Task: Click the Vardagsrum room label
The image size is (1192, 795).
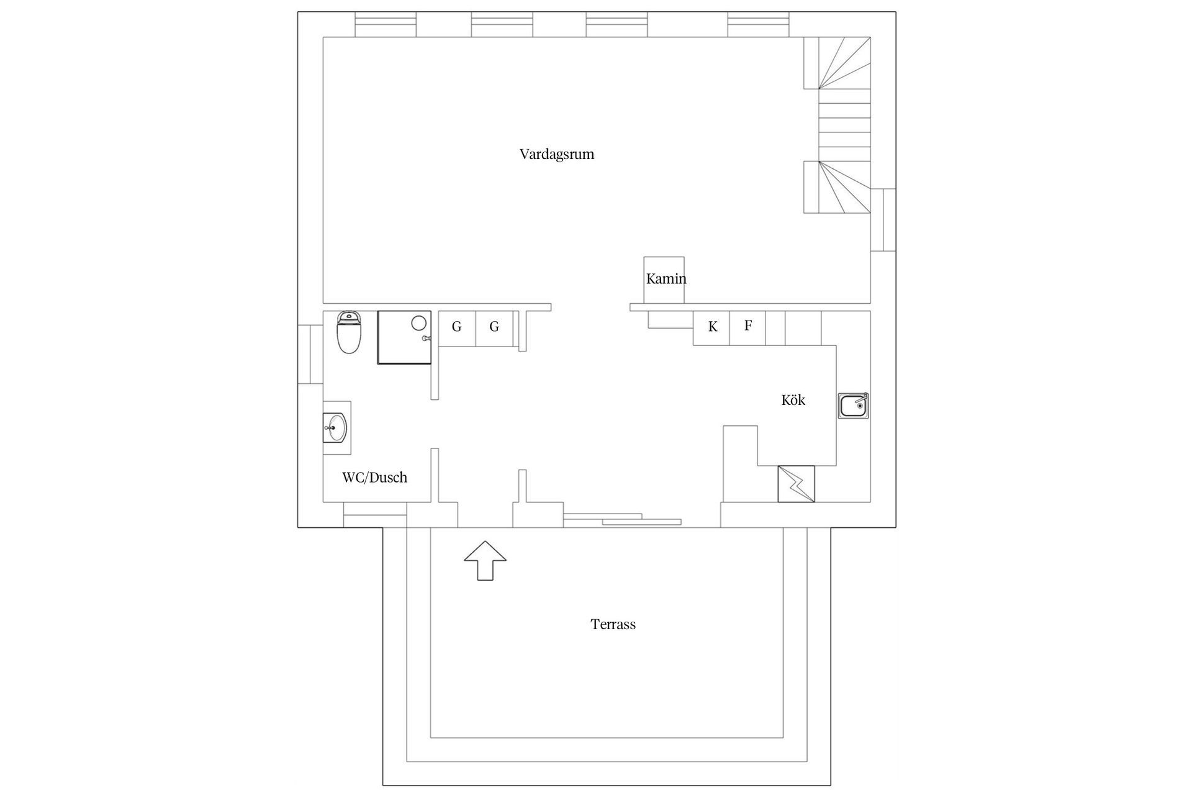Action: pos(557,155)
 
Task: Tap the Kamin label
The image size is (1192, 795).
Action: pos(666,279)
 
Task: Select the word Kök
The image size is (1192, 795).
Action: pos(793,400)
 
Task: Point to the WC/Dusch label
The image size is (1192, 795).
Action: pos(374,477)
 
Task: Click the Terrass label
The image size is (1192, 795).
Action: pos(613,624)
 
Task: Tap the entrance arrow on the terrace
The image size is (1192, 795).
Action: pos(485,561)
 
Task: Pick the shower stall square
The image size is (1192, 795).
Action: pos(404,337)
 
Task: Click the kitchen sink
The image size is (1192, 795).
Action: pos(854,406)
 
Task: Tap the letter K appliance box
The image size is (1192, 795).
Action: pos(711,327)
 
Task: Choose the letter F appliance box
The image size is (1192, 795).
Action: pos(747,327)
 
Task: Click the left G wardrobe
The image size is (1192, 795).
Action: pos(457,328)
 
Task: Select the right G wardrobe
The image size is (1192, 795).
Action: pos(494,328)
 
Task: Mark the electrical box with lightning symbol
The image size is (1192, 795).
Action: pos(796,484)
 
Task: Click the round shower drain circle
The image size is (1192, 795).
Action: pos(419,323)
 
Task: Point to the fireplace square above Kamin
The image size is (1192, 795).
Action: pos(664,280)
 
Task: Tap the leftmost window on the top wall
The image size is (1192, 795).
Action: pos(386,24)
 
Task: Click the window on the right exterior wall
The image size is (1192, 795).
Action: pos(883,219)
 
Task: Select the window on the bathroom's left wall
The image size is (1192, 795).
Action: pos(310,354)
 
